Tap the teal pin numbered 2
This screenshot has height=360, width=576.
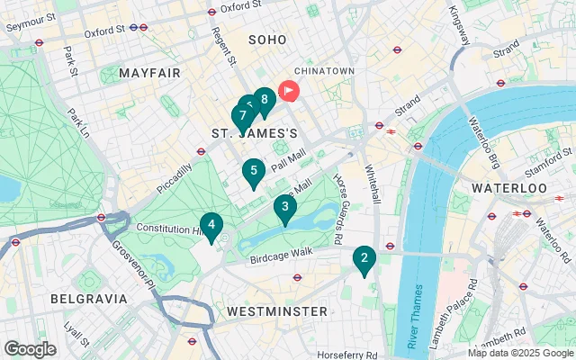click(364, 260)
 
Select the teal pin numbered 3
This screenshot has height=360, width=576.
click(284, 209)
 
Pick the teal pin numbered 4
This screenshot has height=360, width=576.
click(211, 225)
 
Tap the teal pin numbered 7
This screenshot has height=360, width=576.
click(242, 116)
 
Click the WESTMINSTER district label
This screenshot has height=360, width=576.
click(276, 310)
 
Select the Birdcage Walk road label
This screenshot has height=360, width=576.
click(281, 252)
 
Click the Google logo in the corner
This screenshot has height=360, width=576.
click(30, 348)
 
